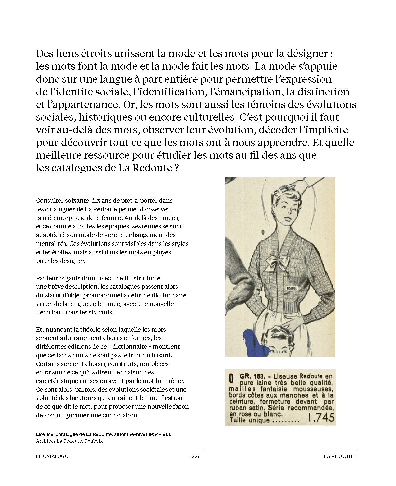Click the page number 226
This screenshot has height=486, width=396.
pos(196,456)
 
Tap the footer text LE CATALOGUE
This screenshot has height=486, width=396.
pos(54,456)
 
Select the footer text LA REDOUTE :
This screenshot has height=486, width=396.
pos(340,456)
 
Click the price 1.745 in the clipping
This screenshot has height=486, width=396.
pos(321,418)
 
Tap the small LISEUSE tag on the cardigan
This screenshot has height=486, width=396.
pos(292,288)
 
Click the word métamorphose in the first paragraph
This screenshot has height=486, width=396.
pos(62,218)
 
